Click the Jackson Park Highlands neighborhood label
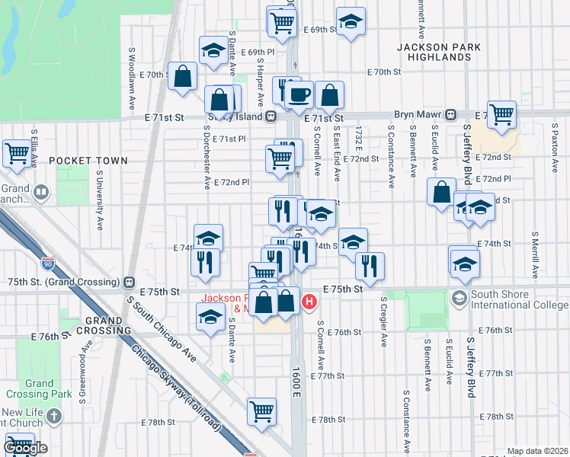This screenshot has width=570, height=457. click(x=439, y=52)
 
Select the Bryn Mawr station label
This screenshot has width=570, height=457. click(x=414, y=114)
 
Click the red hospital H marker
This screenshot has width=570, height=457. click(x=309, y=302)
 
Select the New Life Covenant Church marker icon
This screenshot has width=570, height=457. click(x=53, y=416)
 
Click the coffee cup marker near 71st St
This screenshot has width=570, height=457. click(x=299, y=95)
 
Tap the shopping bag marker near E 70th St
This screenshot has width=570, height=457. click(x=183, y=76)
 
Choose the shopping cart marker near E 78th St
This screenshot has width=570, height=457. click(x=261, y=411)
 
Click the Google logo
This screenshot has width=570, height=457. click(x=25, y=448)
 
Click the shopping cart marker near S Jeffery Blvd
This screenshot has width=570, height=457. click(x=501, y=114)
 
